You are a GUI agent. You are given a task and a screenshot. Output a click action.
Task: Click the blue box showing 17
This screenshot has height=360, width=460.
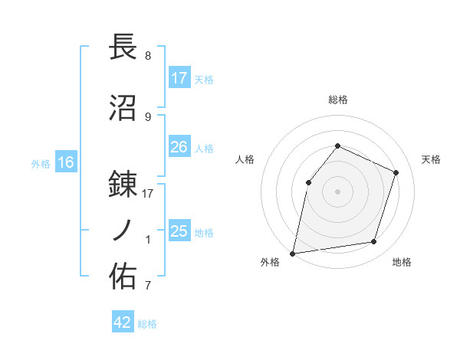point(179,78)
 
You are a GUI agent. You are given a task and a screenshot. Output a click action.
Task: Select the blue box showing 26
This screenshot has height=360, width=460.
point(179,147)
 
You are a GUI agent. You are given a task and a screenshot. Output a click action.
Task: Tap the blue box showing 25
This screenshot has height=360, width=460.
point(179,231)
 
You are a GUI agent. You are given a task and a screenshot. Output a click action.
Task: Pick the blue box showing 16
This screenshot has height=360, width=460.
point(65,162)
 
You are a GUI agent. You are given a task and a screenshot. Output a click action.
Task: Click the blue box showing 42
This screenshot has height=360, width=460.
point(123,322)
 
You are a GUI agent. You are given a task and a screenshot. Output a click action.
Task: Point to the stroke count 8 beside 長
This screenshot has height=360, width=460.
point(148,56)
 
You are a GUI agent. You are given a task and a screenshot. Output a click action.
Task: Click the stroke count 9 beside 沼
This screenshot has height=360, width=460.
point(148,116)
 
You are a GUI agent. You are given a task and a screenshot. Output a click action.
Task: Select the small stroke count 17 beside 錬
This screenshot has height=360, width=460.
point(148,194)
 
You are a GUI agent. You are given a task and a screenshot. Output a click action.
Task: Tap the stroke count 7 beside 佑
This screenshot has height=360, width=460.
point(148,286)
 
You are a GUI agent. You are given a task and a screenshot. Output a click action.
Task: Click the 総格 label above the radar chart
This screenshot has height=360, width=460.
point(337,100)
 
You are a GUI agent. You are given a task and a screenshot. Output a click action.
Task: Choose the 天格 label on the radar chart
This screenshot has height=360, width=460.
point(431,159)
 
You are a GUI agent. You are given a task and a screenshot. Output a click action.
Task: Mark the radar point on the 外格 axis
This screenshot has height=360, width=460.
point(293,253)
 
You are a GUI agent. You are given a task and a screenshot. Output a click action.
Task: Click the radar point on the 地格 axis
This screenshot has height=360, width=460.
point(374,242)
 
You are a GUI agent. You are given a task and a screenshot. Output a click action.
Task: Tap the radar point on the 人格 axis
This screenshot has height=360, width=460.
point(308,182)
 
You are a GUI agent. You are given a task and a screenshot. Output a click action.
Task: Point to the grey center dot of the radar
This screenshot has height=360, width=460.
point(337,191)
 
